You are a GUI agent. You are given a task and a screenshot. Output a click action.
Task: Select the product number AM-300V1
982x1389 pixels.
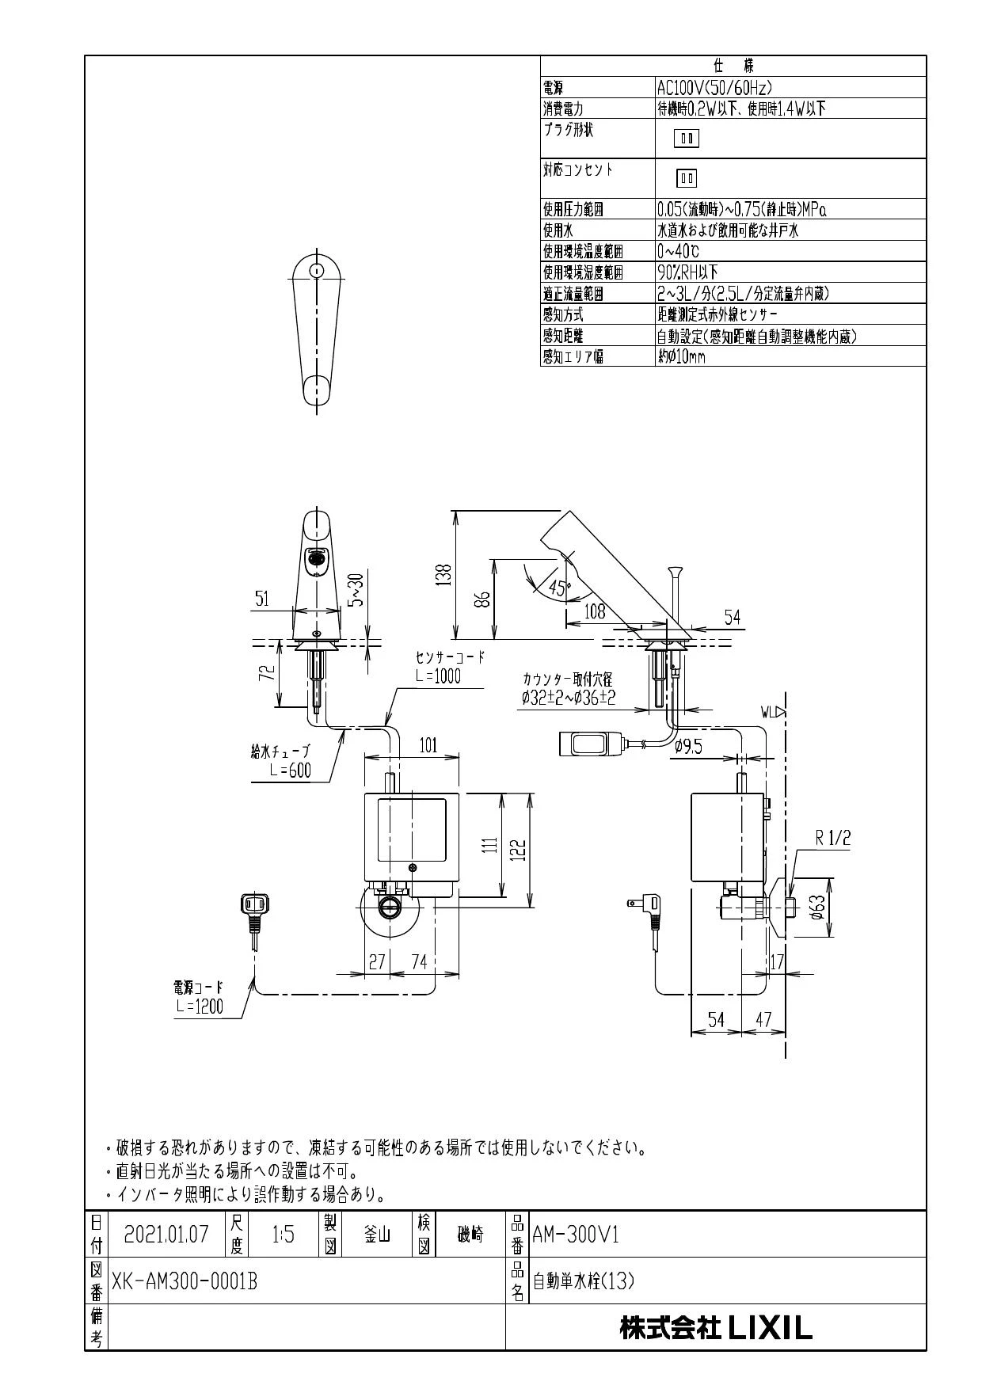[576, 1235]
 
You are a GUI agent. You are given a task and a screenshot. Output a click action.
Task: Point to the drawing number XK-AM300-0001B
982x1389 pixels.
[185, 1281]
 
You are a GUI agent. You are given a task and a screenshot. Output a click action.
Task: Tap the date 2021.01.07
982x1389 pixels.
[166, 1235]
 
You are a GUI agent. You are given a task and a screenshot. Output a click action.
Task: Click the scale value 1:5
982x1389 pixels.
[283, 1235]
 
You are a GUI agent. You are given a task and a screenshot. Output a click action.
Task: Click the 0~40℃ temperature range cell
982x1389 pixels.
[678, 252]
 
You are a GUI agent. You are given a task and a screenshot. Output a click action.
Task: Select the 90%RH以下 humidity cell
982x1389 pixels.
[687, 272]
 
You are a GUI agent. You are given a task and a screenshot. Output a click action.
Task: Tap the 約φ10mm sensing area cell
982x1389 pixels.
[681, 357]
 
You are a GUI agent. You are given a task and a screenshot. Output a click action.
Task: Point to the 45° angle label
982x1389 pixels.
[558, 588]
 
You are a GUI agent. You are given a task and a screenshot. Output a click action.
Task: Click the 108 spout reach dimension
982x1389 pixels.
[594, 611]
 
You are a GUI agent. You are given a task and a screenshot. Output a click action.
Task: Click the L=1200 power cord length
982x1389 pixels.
[200, 1007]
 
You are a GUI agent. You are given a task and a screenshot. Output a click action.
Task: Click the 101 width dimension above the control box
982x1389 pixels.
[428, 745]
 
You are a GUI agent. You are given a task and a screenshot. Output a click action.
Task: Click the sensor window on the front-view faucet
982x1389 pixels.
[318, 559]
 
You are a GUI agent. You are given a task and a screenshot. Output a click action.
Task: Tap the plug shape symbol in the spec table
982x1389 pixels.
[687, 139]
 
